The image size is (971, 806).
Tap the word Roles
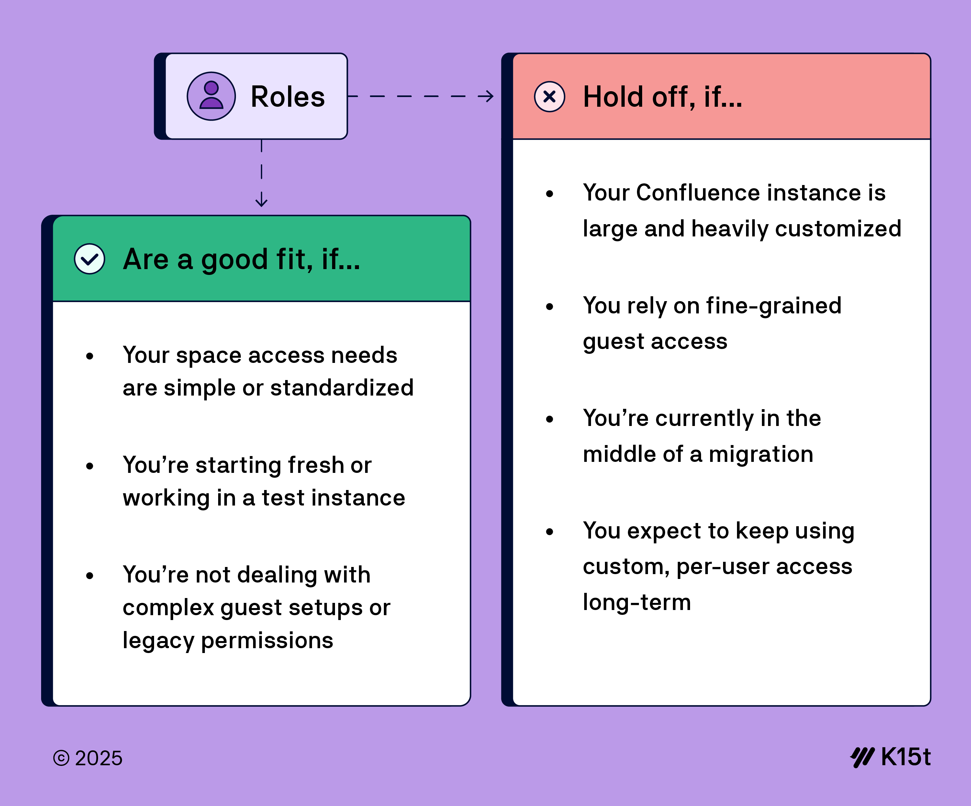[288, 97]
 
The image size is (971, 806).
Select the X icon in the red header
[549, 97]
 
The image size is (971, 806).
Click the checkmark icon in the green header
[89, 259]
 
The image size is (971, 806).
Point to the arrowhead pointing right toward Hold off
[487, 96]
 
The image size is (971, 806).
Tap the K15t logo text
[905, 757]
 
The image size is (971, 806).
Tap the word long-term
[636, 602]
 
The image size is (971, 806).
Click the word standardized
[342, 388]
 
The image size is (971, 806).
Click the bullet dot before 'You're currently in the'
[549, 419]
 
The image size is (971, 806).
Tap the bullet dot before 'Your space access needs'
[90, 356]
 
